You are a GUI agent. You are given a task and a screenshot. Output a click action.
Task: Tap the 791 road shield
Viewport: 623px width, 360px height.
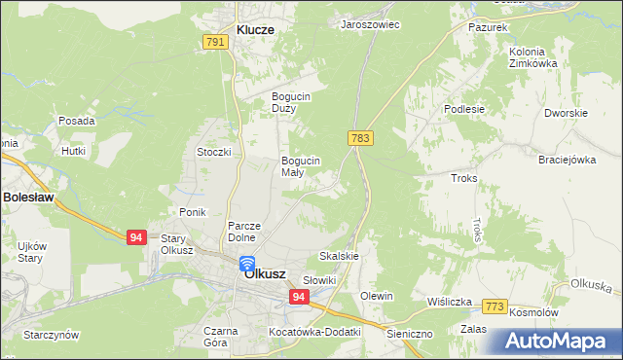coord(216,42)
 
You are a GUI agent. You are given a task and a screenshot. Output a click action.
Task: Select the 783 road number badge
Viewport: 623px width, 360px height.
coord(360,139)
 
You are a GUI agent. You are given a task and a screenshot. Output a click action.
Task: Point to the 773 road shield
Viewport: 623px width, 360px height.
coord(495,306)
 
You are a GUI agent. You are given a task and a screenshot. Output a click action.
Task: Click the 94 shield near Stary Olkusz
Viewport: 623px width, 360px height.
coord(135,236)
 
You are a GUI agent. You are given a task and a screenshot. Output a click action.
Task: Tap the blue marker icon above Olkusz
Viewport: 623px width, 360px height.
coord(247,263)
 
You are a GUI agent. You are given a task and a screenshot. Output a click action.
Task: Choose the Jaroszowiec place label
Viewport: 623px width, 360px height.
coord(370,24)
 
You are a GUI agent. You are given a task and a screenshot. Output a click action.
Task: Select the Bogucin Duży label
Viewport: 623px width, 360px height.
coord(291,102)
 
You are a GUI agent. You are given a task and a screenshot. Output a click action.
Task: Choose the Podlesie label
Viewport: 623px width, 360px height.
coord(464,109)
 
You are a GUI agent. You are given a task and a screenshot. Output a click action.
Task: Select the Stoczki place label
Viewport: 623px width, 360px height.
coord(213,152)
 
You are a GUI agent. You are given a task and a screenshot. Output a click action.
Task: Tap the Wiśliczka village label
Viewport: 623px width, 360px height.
coord(449,302)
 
